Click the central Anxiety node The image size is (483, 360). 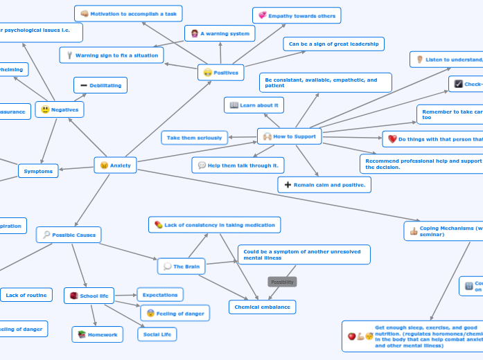[115, 165]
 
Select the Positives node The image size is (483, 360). [221, 72]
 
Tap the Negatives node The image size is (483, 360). [60, 109]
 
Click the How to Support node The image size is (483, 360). [289, 136]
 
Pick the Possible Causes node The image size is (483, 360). [69, 235]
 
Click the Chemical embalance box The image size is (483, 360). [262, 307]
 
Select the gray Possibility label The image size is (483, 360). [282, 282]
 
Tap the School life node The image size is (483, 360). [89, 296]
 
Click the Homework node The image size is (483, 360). [98, 334]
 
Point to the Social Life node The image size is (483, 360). [157, 334]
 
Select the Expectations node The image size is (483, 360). [160, 295]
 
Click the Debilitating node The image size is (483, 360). [100, 85]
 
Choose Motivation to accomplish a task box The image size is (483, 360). [128, 13]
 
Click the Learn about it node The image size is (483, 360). [254, 105]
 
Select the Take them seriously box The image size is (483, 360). [194, 138]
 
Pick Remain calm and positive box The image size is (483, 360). [324, 185]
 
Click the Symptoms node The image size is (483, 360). [38, 171]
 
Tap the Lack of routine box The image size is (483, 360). [26, 295]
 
